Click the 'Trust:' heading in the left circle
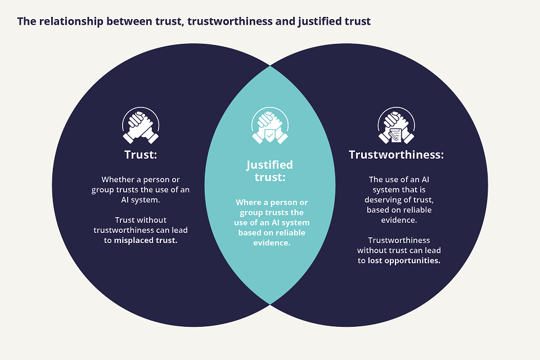pyautogui.click(x=141, y=155)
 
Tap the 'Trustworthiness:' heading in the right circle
pyautogui.click(x=396, y=155)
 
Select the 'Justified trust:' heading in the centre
pyautogui.click(x=269, y=171)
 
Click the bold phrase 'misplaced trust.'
pyautogui.click(x=145, y=240)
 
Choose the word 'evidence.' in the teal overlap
pyautogui.click(x=272, y=243)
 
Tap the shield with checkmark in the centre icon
pyautogui.click(x=270, y=136)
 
